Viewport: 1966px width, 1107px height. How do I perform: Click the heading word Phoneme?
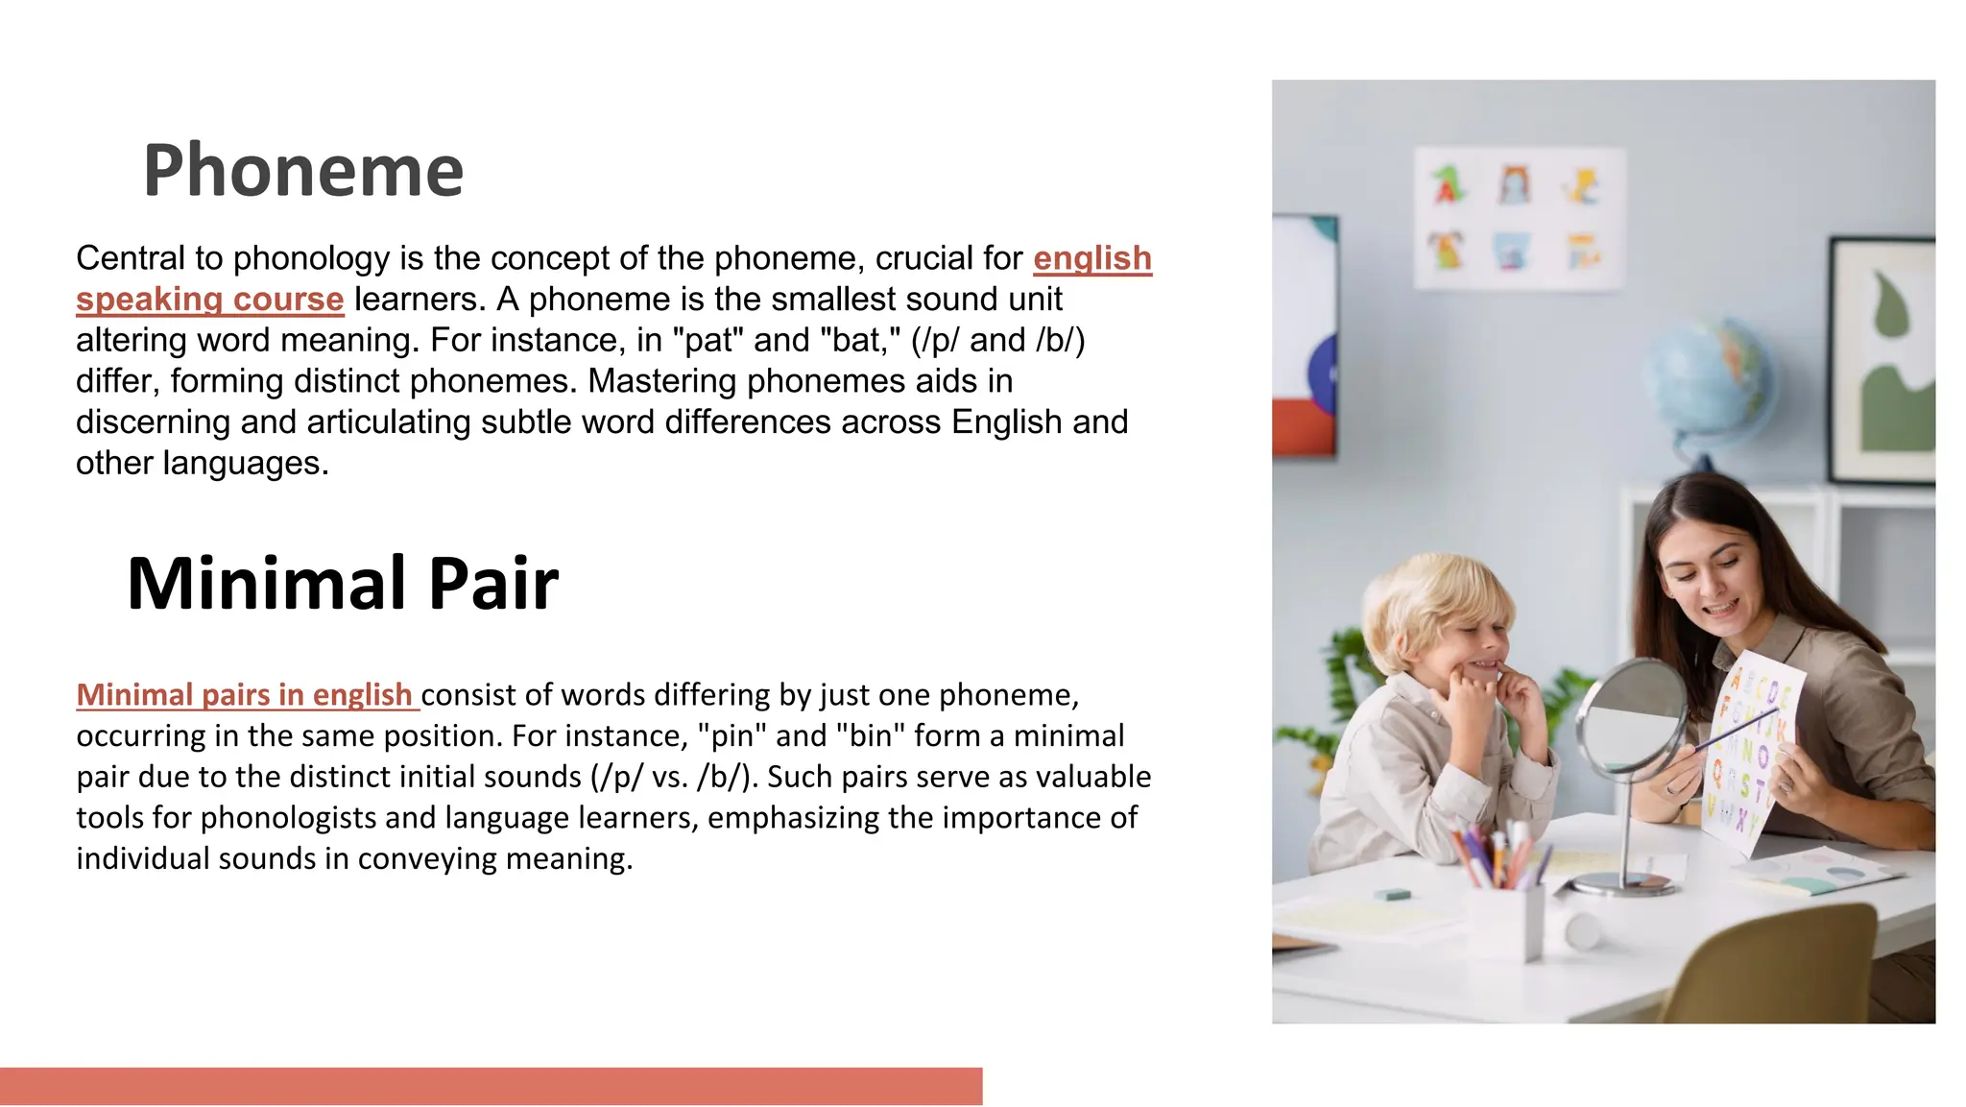tap(303, 171)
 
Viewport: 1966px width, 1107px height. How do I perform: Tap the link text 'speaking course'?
tap(209, 300)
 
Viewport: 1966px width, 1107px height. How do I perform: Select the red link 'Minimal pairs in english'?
tap(245, 694)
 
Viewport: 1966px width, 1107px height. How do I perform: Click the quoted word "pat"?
tap(708, 340)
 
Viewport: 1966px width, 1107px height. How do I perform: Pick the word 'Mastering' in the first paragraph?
tap(662, 381)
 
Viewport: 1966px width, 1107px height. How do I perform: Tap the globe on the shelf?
tap(1709, 379)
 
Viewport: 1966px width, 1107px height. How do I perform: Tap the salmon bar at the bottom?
tap(491, 1086)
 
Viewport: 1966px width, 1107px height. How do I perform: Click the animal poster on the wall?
tap(1519, 218)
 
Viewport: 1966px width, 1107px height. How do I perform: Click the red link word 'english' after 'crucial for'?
tap(1092, 258)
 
